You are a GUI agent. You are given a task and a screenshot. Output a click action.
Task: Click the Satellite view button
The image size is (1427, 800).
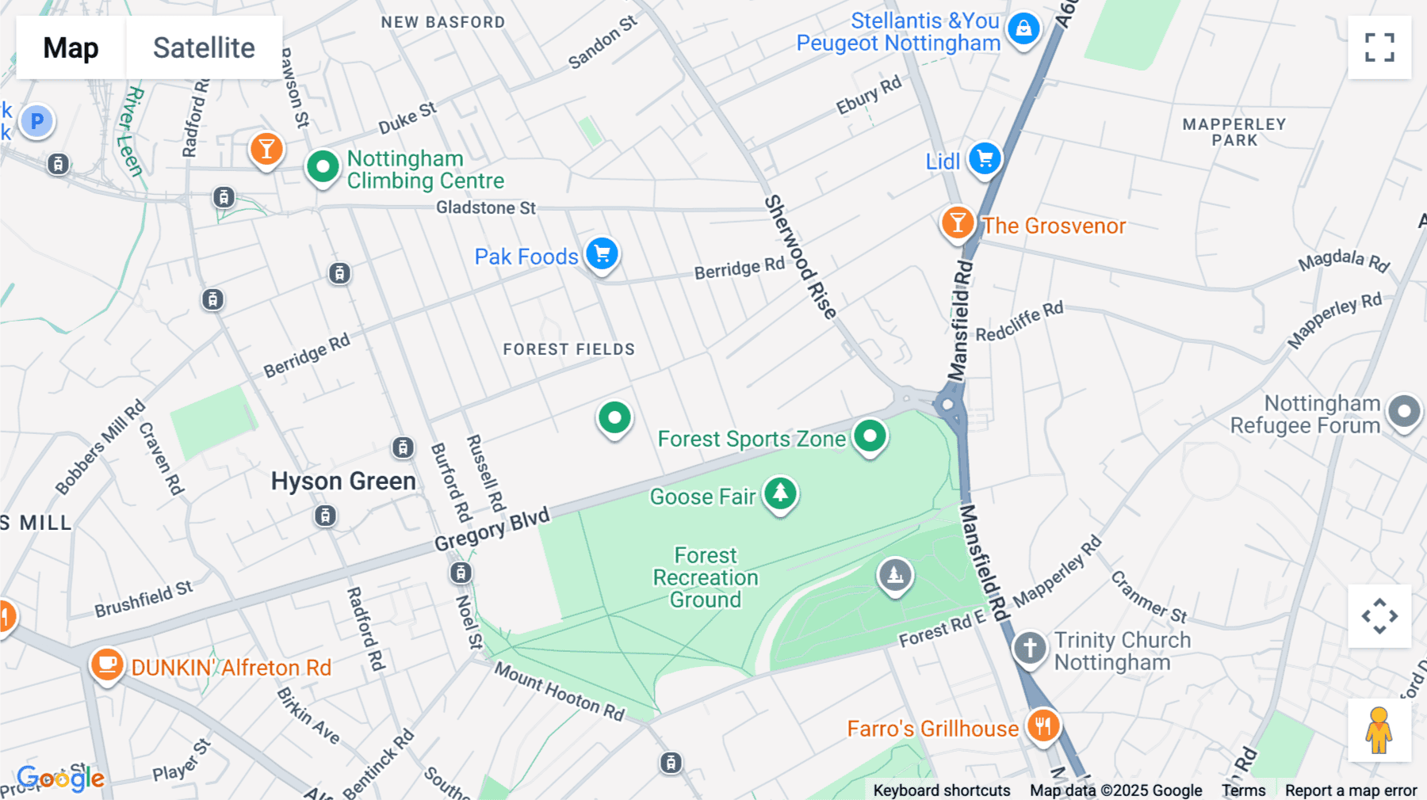204,48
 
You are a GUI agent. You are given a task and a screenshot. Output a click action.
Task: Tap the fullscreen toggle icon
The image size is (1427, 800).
1379,48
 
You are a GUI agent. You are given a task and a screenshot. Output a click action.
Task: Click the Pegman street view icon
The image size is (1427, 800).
1379,730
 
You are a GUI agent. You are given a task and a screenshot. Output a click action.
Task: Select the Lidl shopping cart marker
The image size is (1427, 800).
985,159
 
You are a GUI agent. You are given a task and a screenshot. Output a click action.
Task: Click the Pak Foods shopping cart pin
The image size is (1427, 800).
603,254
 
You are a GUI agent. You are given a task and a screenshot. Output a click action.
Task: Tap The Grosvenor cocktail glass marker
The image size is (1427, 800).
958,223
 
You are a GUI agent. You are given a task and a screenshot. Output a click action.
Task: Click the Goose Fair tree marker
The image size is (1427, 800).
780,493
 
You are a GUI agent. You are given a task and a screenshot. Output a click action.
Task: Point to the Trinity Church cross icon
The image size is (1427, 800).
1029,648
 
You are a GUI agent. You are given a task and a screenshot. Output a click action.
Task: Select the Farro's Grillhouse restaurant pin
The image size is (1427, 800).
1043,726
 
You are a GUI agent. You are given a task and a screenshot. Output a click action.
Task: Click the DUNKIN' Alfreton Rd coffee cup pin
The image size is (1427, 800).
107,664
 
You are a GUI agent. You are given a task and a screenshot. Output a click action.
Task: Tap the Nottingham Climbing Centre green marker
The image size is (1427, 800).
323,167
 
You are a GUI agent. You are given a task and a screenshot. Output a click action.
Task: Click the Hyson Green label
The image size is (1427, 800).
343,482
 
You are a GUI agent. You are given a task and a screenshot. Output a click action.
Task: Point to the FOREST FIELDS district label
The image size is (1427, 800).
568,349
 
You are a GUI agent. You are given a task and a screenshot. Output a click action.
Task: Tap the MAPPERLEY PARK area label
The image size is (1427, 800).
1234,132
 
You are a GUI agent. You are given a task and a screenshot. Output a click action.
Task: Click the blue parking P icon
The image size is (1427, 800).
36,121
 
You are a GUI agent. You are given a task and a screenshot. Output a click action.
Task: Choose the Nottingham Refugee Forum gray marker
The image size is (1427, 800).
1404,412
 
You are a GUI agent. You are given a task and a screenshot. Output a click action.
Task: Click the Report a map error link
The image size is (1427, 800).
1350,790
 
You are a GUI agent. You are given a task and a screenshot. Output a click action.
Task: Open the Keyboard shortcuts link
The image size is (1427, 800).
941,790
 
